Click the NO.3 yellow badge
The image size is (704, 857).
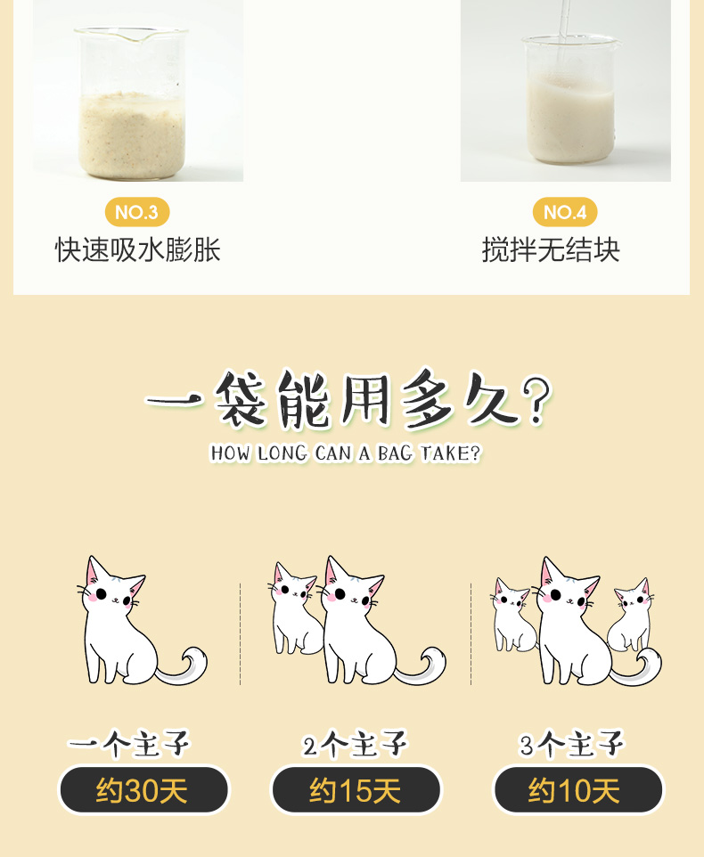(x=137, y=212)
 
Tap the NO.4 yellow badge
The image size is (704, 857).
(x=565, y=212)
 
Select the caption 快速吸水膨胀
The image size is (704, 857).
(x=138, y=250)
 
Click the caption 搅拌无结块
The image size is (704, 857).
(x=551, y=250)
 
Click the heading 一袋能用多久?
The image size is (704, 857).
(x=349, y=398)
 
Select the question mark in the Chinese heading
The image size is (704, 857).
(x=536, y=399)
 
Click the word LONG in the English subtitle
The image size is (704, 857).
(x=282, y=453)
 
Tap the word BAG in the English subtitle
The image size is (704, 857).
(x=395, y=453)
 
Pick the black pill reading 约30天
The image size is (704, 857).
(x=143, y=790)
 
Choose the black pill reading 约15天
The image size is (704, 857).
(x=356, y=790)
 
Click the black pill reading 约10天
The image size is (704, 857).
(x=577, y=790)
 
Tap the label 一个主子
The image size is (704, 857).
(x=129, y=744)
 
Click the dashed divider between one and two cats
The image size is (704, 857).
(x=240, y=634)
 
